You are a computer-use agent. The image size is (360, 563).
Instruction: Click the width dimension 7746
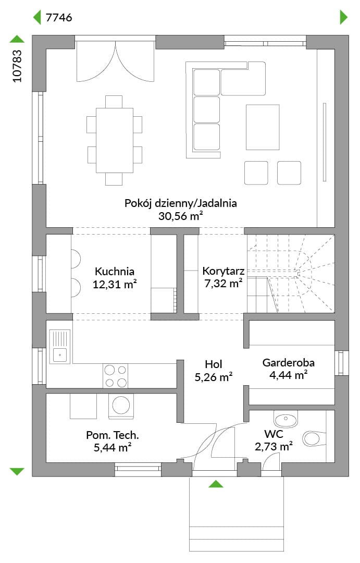tap(59, 17)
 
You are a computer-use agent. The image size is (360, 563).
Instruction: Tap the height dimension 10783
tap(17, 66)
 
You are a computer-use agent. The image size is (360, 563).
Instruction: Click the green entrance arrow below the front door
tap(216, 484)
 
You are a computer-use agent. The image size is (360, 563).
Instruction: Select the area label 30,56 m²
tap(181, 216)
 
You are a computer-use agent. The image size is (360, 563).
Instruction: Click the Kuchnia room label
tap(115, 271)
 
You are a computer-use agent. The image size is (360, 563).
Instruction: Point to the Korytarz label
tap(224, 271)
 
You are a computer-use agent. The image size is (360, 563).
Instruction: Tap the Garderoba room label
tap(289, 362)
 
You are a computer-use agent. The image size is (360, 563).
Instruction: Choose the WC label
tap(274, 434)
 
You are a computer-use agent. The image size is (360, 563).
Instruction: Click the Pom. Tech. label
tap(113, 435)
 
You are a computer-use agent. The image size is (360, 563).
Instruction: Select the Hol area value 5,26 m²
tap(214, 377)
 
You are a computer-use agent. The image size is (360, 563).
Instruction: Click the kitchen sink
tap(60, 347)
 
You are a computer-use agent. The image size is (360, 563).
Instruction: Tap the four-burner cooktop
tap(115, 376)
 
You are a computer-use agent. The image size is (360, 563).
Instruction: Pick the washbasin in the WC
tap(285, 419)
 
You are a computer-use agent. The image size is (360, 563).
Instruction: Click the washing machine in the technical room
tap(121, 406)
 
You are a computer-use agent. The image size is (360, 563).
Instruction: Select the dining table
tap(115, 140)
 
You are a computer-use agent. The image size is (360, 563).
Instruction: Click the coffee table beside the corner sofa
tap(263, 127)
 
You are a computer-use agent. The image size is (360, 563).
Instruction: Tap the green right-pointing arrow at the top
tap(343, 17)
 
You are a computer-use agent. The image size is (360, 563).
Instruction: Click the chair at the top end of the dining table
tap(114, 102)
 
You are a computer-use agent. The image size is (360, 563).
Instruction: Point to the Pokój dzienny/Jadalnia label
tap(181, 203)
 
